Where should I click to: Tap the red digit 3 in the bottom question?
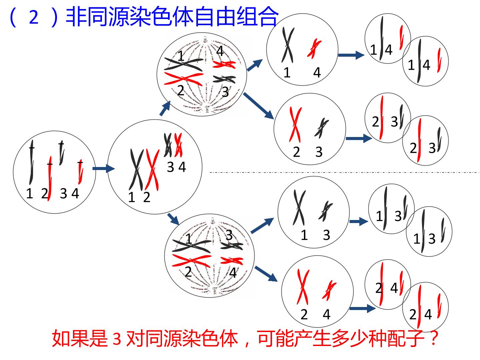pos(117,339)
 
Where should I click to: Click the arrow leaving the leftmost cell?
pos(104,169)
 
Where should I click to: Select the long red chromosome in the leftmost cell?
pos(50,178)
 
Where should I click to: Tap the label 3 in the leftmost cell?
pos(63,193)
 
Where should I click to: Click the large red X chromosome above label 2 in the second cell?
pos(152,170)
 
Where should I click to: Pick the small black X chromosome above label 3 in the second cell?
pos(168,145)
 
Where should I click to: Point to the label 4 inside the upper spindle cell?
pos(220,51)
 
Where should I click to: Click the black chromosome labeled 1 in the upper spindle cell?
pos(184,64)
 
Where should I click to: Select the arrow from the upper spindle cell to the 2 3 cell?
pos(258,106)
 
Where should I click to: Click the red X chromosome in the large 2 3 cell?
pos(295,125)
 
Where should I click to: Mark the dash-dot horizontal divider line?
pos(345,172)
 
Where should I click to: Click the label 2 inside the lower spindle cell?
pos(188,272)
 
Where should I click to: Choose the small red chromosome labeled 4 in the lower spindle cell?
pos(232,261)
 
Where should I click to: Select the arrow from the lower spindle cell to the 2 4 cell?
pos(266,274)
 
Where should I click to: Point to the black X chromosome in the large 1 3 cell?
pos(299,208)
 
